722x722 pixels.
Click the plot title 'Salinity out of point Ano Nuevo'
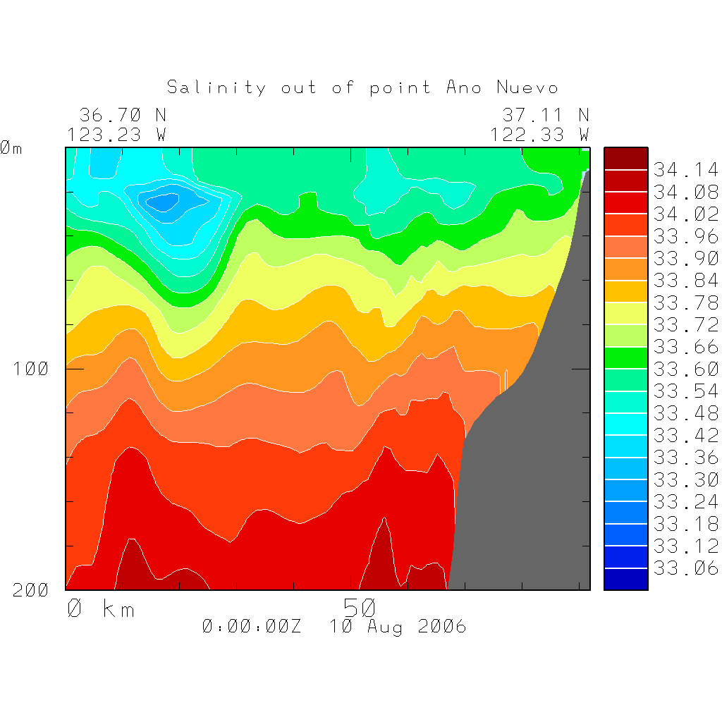[362, 87]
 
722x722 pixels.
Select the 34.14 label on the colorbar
[685, 170]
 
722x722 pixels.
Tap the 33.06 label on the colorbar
[685, 568]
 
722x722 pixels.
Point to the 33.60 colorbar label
[685, 369]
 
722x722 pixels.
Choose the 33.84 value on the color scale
[685, 281]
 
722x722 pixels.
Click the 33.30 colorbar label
[685, 480]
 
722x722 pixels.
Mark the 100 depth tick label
[31, 369]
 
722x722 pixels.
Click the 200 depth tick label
[31, 590]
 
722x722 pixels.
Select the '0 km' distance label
[100, 608]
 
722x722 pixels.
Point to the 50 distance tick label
[360, 608]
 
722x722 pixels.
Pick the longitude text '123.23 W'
[117, 134]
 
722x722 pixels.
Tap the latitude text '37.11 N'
[545, 114]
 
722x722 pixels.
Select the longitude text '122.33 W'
[540, 134]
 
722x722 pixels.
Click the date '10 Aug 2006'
[398, 626]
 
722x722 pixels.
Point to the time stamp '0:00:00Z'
[251, 626]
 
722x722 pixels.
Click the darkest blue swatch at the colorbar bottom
[625, 579]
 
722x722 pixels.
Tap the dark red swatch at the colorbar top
[625, 158]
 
